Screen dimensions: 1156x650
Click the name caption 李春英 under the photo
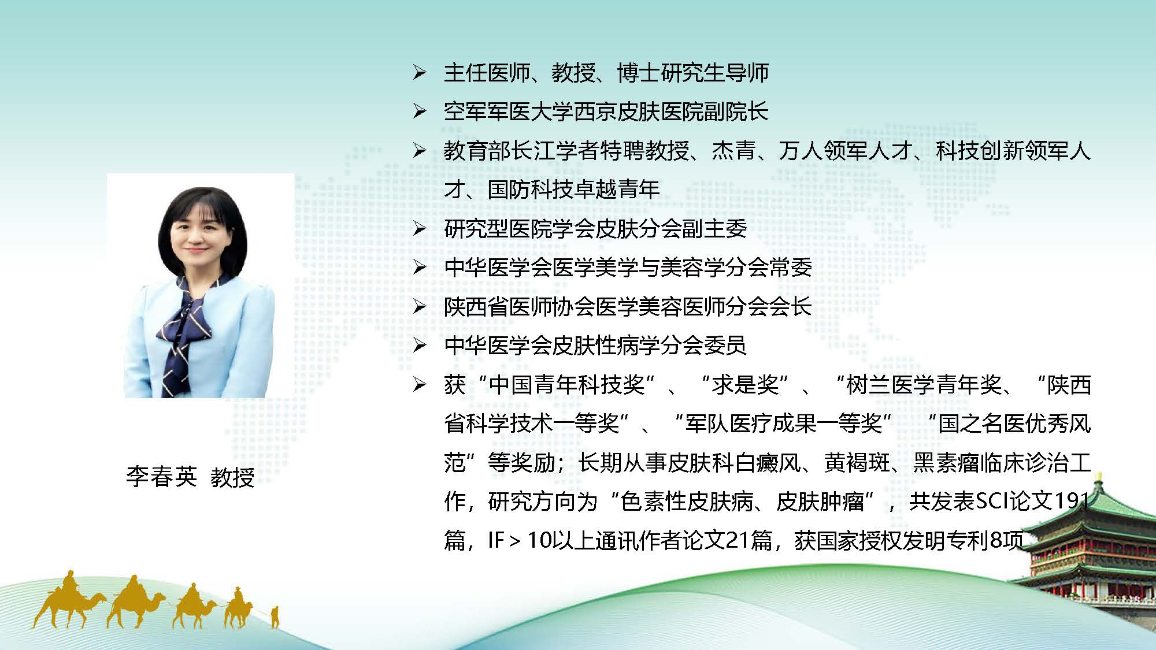click(x=161, y=477)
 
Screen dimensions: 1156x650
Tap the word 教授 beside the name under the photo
click(x=232, y=477)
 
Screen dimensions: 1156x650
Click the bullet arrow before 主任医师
click(x=420, y=73)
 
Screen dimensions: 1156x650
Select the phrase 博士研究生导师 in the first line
click(x=692, y=73)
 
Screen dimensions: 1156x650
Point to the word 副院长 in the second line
click(x=736, y=112)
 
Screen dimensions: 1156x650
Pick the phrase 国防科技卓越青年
click(x=573, y=190)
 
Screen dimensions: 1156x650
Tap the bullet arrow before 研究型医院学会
click(x=420, y=229)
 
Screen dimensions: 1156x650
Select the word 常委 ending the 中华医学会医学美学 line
click(x=790, y=268)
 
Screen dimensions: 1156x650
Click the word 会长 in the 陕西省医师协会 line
click(x=790, y=307)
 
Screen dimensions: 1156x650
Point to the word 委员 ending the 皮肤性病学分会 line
click(x=725, y=346)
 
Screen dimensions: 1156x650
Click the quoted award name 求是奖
click(x=746, y=385)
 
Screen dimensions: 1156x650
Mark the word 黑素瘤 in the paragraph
click(x=946, y=463)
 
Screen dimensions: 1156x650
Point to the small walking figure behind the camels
click(x=275, y=616)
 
